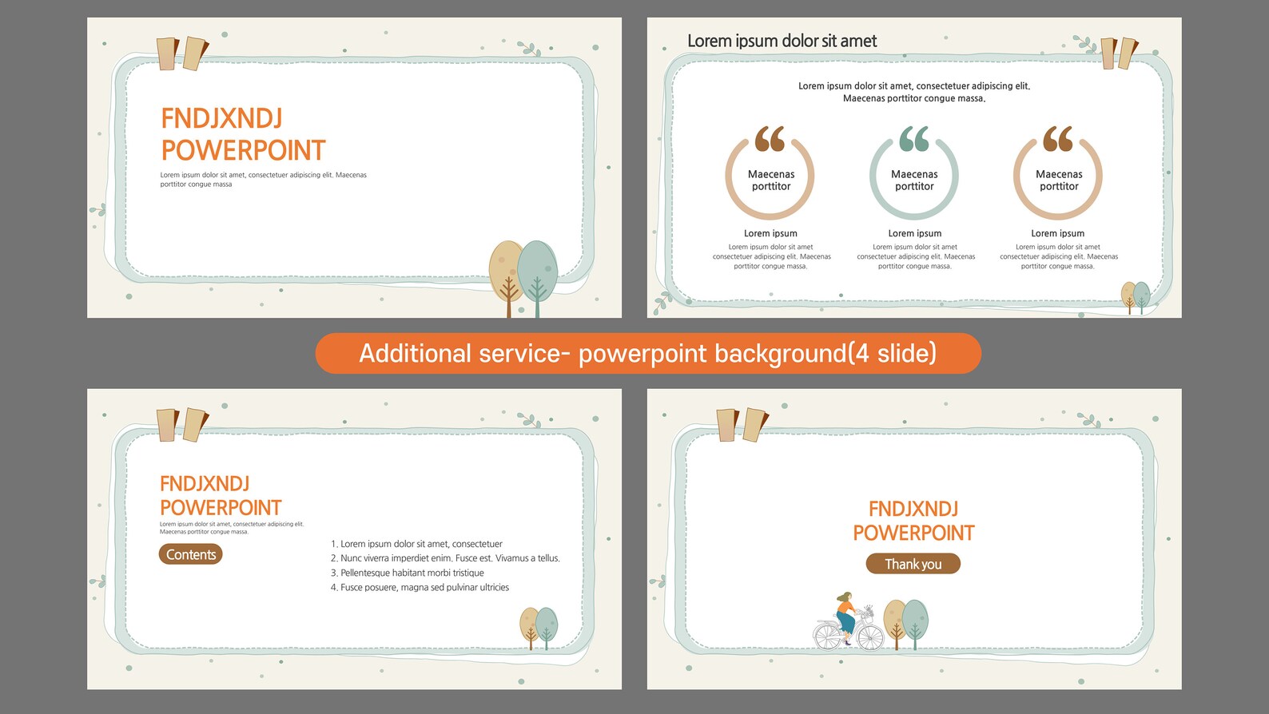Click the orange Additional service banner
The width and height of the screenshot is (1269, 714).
click(x=648, y=353)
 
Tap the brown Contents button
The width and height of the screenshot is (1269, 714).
click(x=191, y=554)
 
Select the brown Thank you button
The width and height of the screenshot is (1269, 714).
click(x=913, y=564)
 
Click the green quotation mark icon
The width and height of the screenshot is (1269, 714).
click(x=914, y=139)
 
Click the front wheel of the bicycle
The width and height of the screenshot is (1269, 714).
click(x=869, y=637)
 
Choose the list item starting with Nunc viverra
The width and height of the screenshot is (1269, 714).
click(x=446, y=558)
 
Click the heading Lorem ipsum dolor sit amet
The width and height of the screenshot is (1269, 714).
click(x=782, y=41)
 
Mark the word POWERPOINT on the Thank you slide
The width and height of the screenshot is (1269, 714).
click(x=913, y=533)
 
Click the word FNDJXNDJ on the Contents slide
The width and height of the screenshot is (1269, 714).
click(x=205, y=484)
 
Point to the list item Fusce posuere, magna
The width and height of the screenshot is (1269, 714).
click(x=420, y=587)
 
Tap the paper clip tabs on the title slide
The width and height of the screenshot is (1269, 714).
click(x=182, y=54)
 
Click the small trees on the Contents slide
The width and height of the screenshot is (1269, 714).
click(x=539, y=628)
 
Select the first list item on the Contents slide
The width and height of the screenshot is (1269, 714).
click(x=417, y=544)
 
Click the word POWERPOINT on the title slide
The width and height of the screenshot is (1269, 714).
click(x=244, y=150)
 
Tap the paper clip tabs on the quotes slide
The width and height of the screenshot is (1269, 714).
click(x=1119, y=54)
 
